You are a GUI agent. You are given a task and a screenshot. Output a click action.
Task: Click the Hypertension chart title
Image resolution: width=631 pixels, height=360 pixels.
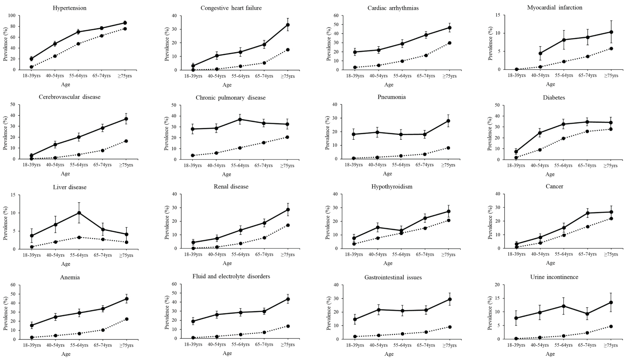click(x=70, y=8)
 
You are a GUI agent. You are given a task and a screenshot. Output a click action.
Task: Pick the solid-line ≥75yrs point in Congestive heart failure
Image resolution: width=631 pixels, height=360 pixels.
click(x=288, y=25)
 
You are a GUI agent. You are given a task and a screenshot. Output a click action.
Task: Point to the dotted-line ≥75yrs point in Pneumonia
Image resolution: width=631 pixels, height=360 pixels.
click(x=448, y=148)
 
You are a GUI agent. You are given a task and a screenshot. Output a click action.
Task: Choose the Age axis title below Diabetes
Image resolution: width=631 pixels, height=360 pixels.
click(x=550, y=174)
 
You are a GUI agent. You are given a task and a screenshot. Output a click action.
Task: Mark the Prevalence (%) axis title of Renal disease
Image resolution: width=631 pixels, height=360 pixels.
click(x=167, y=221)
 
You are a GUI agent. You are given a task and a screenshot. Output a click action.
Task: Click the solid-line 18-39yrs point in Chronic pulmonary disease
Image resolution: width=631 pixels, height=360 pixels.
click(x=193, y=129)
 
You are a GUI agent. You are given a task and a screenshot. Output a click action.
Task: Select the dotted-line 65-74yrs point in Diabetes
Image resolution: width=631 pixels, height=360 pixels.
click(x=587, y=132)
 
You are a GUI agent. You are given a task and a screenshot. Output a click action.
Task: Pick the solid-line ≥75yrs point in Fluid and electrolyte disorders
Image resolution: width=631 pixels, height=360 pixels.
click(x=288, y=299)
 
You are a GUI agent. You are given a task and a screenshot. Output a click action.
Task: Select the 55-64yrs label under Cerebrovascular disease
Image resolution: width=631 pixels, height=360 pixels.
click(x=78, y=165)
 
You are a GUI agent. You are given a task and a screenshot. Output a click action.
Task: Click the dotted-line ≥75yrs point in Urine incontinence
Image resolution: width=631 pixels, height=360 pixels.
click(x=610, y=326)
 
